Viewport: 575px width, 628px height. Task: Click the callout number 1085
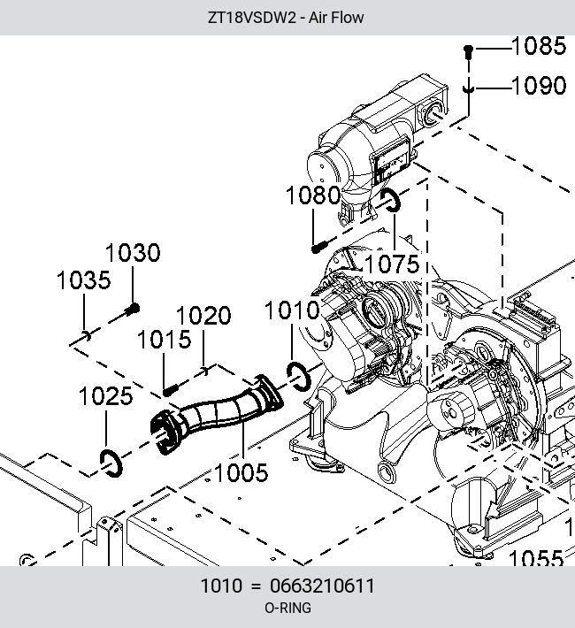click(x=539, y=46)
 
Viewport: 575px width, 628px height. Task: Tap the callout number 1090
click(x=539, y=85)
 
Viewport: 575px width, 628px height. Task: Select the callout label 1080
click(x=313, y=195)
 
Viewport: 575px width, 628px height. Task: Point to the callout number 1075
click(x=392, y=264)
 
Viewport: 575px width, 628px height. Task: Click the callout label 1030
click(x=133, y=253)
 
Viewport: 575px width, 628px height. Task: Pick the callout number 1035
click(x=83, y=280)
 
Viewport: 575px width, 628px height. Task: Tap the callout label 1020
click(x=203, y=315)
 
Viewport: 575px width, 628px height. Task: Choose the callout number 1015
click(x=164, y=340)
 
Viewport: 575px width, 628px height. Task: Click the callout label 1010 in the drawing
click(x=292, y=310)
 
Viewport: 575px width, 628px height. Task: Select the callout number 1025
click(x=106, y=396)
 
